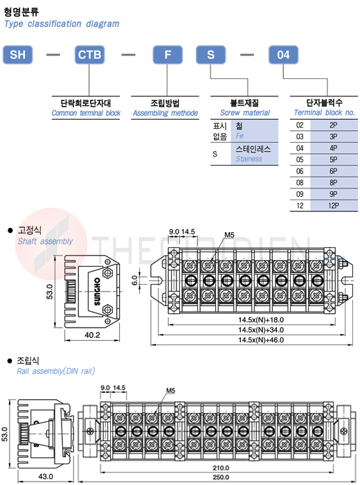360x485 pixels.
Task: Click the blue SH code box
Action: pos(17,55)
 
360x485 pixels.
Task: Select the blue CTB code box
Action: pos(89,55)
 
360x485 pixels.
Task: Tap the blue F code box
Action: pos(168,55)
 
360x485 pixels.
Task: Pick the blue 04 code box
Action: pos(283,55)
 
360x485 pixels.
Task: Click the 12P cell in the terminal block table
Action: pos(334,206)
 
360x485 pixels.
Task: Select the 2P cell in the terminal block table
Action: pos(334,125)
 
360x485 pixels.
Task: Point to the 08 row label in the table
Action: pos(300,182)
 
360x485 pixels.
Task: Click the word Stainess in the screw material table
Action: pos(249,159)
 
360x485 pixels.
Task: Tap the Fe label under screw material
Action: pos(240,136)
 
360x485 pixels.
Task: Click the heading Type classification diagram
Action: pos(62,24)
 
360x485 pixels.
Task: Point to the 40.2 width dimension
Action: pos(92,335)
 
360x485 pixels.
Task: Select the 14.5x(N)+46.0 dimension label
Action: pos(261,340)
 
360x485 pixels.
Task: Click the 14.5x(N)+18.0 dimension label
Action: pos(261,320)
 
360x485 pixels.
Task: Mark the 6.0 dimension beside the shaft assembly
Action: pos(135,281)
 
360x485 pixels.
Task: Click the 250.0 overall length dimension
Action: pos(221,477)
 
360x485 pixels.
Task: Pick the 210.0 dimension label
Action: pos(221,468)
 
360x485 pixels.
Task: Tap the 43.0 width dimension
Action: pos(46,477)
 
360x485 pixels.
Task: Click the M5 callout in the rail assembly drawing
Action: pos(170,391)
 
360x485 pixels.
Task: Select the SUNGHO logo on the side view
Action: pos(97,292)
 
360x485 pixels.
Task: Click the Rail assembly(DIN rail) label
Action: pos(55,371)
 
